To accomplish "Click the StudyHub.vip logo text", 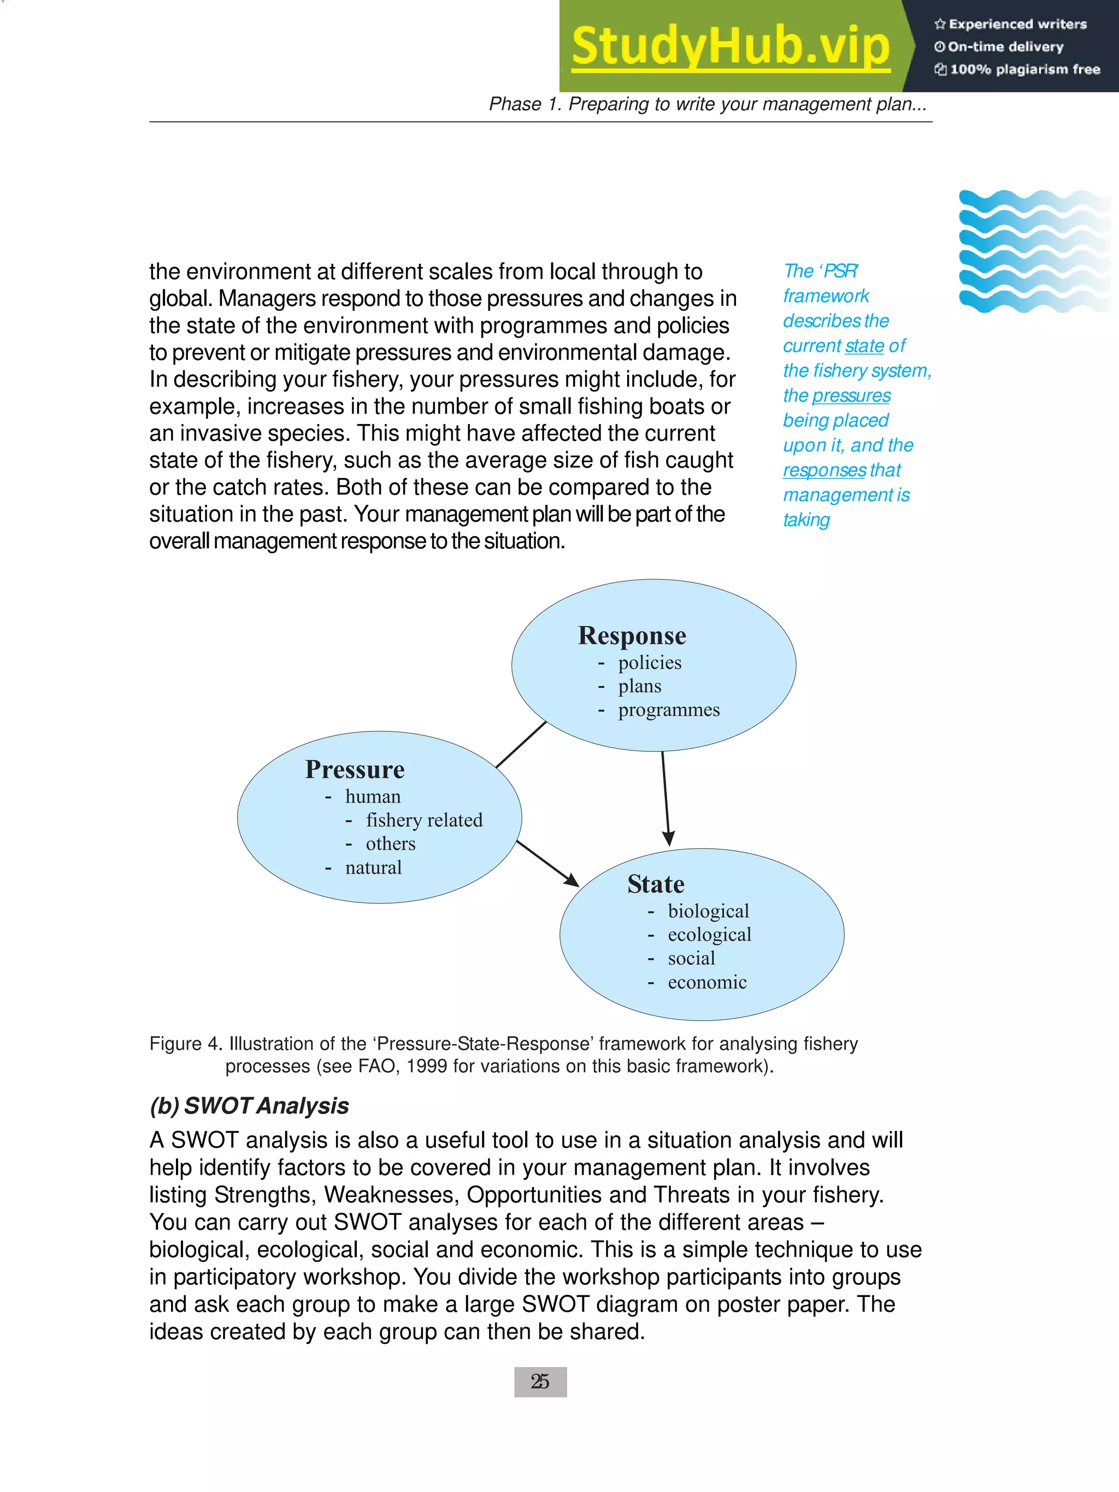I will [731, 46].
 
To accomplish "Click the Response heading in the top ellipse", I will [632, 635].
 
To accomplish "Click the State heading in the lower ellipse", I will [656, 883].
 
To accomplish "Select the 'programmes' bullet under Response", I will [668, 710].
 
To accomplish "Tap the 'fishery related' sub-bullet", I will [424, 820].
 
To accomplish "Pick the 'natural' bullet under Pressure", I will [373, 868].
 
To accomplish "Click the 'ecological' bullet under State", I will [709, 934].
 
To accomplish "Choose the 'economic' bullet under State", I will [707, 982].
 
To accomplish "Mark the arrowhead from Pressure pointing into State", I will [572, 880].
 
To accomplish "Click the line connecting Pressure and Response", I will [521, 745].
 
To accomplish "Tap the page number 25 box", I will [540, 1382].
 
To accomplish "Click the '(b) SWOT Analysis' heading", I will [249, 1106].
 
